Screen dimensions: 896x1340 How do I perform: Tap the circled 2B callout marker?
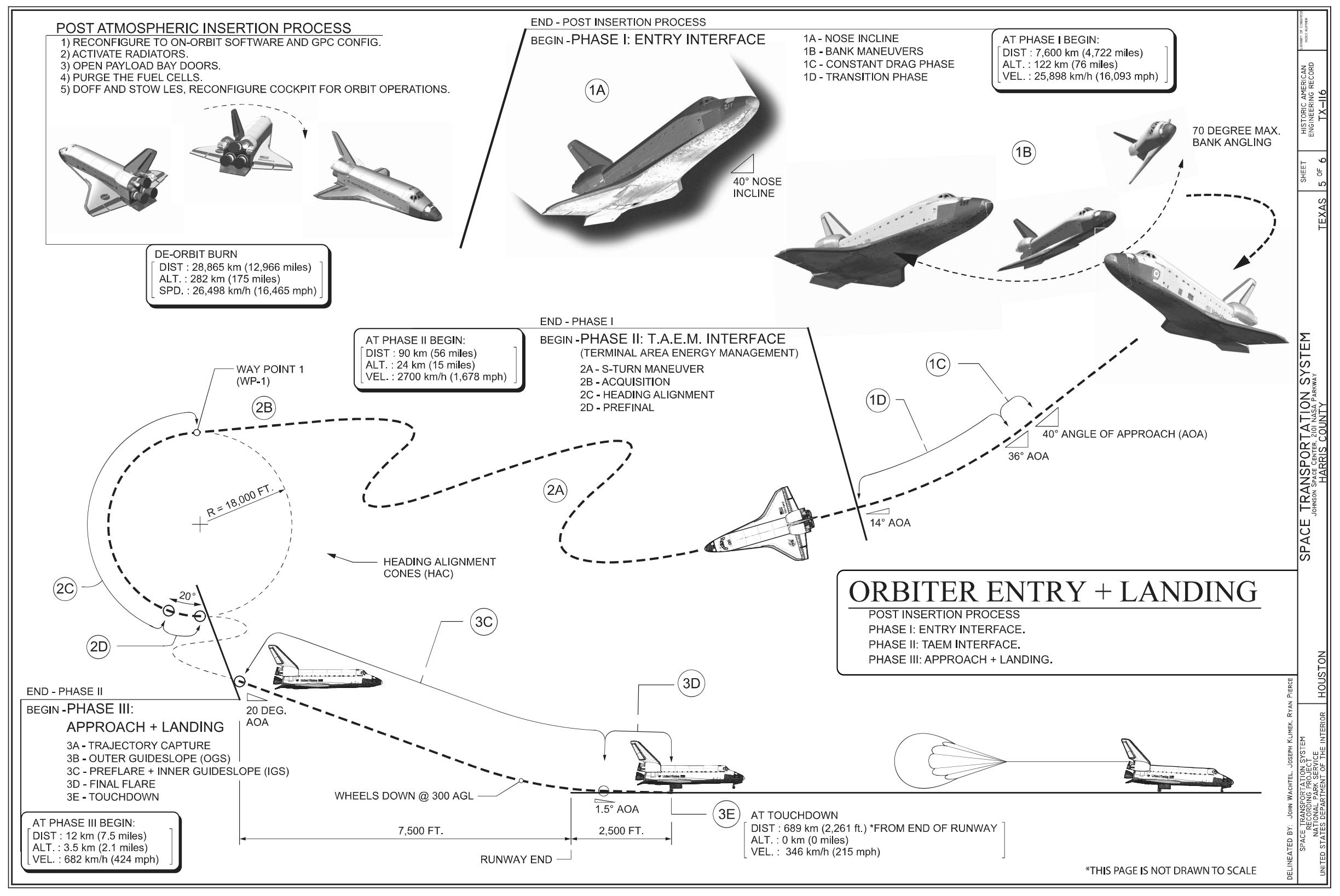point(264,408)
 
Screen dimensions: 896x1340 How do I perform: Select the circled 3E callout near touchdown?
point(726,814)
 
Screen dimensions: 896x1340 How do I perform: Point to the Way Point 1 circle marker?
point(196,432)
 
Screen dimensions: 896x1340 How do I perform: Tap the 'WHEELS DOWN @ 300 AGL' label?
point(404,795)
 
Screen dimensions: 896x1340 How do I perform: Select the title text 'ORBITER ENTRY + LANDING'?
point(1053,592)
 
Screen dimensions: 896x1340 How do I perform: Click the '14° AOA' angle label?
point(890,522)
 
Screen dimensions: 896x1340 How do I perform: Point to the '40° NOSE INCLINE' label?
point(757,187)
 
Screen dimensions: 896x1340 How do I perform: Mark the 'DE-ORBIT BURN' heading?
point(196,255)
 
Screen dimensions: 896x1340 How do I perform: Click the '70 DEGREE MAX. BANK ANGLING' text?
point(1235,137)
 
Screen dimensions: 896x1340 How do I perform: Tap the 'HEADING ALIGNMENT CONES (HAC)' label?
point(439,568)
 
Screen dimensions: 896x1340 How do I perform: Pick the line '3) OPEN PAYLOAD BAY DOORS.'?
point(141,66)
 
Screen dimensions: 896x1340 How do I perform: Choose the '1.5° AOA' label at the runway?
point(616,809)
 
